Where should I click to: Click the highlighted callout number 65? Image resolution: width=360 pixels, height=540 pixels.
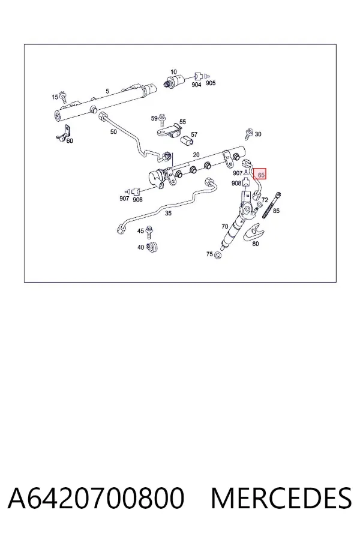[261, 175]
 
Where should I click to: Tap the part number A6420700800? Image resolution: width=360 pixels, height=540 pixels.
[96, 498]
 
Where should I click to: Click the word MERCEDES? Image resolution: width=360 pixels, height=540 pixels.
[281, 498]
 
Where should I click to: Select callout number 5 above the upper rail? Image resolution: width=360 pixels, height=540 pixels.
[107, 91]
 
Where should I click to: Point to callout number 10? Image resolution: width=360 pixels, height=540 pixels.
[173, 72]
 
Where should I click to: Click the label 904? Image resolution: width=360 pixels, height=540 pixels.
[196, 85]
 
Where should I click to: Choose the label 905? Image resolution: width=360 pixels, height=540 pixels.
[211, 83]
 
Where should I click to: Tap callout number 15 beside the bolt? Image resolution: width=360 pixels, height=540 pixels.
[55, 97]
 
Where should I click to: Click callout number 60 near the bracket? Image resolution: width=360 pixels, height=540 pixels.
[70, 140]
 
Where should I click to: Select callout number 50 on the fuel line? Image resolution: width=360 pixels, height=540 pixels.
[113, 131]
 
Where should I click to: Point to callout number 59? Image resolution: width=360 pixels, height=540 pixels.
[154, 118]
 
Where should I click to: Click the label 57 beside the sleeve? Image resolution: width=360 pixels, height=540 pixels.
[194, 134]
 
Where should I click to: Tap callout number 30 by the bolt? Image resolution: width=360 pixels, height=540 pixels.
[258, 134]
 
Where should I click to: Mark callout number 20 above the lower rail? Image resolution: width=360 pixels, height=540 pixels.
[196, 155]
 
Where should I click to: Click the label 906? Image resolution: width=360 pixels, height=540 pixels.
[137, 200]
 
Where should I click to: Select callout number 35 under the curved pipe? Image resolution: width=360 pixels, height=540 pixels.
[168, 213]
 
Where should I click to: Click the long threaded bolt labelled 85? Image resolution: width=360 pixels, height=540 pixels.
[272, 205]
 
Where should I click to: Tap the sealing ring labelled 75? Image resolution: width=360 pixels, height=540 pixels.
[218, 256]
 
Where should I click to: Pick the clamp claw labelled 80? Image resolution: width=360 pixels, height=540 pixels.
[254, 232]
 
